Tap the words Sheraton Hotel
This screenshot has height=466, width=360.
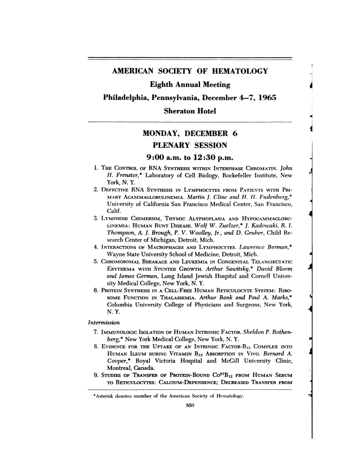(x=190, y=111)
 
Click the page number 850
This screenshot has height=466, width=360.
(x=190, y=406)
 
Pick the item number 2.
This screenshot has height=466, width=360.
(x=96, y=189)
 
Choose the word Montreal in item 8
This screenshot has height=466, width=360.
(x=120, y=368)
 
